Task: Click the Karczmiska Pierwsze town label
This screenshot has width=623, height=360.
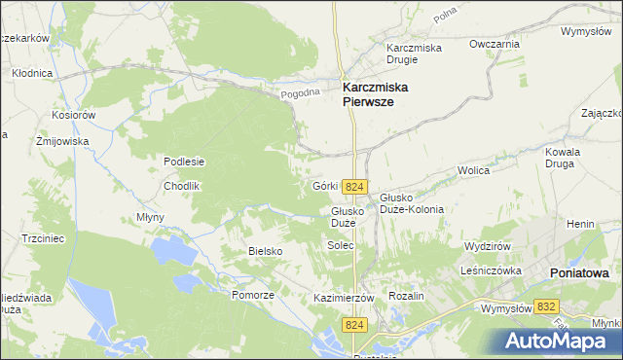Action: pos(375,93)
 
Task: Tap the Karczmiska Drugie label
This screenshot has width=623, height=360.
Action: pos(415,54)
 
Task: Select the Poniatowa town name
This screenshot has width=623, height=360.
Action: pos(579,273)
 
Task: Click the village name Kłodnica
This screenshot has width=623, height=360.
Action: pos(32,73)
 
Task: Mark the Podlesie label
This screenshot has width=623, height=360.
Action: pos(183,162)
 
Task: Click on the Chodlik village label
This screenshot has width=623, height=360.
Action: pos(181,185)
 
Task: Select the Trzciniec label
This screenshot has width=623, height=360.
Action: pos(43,237)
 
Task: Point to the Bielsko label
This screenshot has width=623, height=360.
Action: pos(265,251)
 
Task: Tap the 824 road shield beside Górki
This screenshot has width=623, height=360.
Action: pos(355,187)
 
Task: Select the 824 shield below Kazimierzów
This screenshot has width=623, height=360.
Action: pos(356,324)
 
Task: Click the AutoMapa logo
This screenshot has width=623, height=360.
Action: pos(558,341)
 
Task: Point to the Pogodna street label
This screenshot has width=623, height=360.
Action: pos(300,93)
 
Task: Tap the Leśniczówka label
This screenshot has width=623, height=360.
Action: pos(494,271)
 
